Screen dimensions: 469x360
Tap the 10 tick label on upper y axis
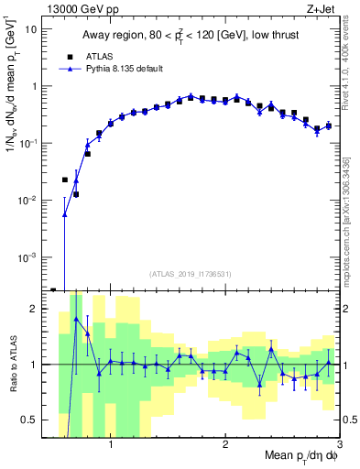click(x=31, y=28)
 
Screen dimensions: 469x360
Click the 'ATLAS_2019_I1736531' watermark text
click(x=190, y=274)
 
